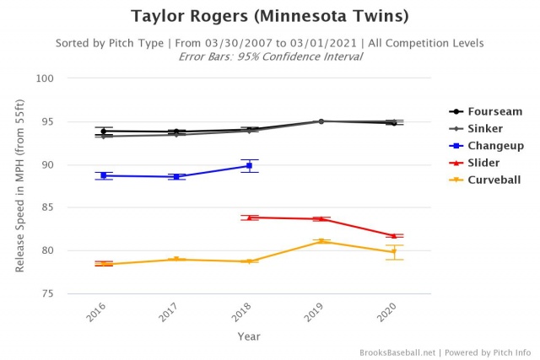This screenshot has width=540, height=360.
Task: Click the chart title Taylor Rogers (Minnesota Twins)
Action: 269,16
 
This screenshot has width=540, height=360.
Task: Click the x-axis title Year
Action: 249,336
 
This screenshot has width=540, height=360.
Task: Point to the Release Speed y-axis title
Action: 20,185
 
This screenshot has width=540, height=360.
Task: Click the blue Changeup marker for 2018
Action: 249,166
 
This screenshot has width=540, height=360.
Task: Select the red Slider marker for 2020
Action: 394,236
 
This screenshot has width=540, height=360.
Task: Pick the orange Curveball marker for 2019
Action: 321,242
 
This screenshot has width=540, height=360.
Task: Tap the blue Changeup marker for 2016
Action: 104,175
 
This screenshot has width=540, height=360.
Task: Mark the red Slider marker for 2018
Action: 249,218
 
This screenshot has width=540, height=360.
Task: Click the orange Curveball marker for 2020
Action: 394,251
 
